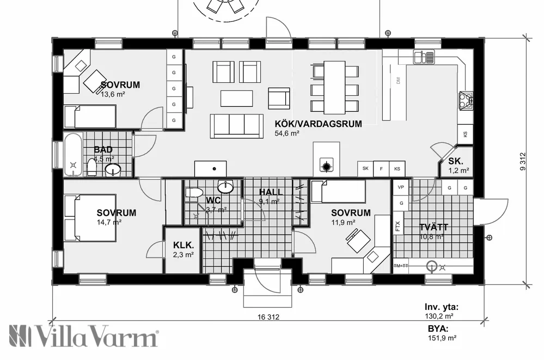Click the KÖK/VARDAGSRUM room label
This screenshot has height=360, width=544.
tap(318, 124)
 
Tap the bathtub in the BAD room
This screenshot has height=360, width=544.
tap(73, 155)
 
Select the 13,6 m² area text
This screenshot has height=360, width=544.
tap(113, 94)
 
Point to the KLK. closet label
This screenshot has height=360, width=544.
tap(183, 245)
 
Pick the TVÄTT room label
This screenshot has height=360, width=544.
tap(433, 227)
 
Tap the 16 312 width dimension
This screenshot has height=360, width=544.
tap(266, 318)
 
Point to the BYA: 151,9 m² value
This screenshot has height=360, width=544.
tap(441, 338)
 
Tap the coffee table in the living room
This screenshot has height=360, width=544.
tap(236, 98)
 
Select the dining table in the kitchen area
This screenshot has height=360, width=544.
tap(334, 86)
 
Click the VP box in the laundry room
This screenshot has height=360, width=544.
tap(401, 187)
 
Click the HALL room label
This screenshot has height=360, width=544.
tap(271, 192)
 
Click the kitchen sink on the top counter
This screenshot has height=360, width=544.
tap(424, 56)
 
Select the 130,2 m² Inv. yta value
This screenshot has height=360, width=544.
tap(440, 315)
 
